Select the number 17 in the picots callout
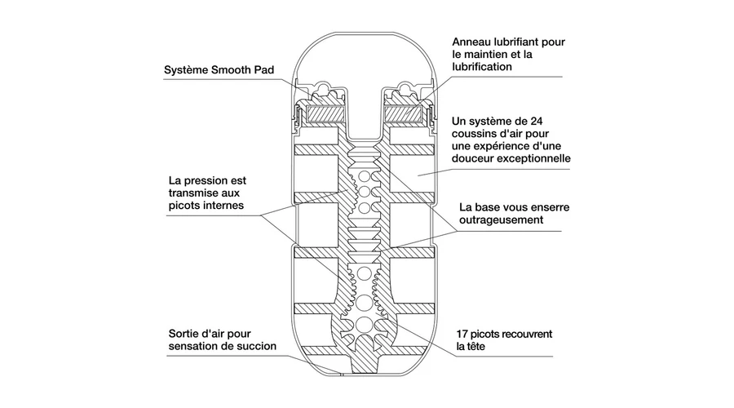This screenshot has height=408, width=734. coord(466,335)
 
